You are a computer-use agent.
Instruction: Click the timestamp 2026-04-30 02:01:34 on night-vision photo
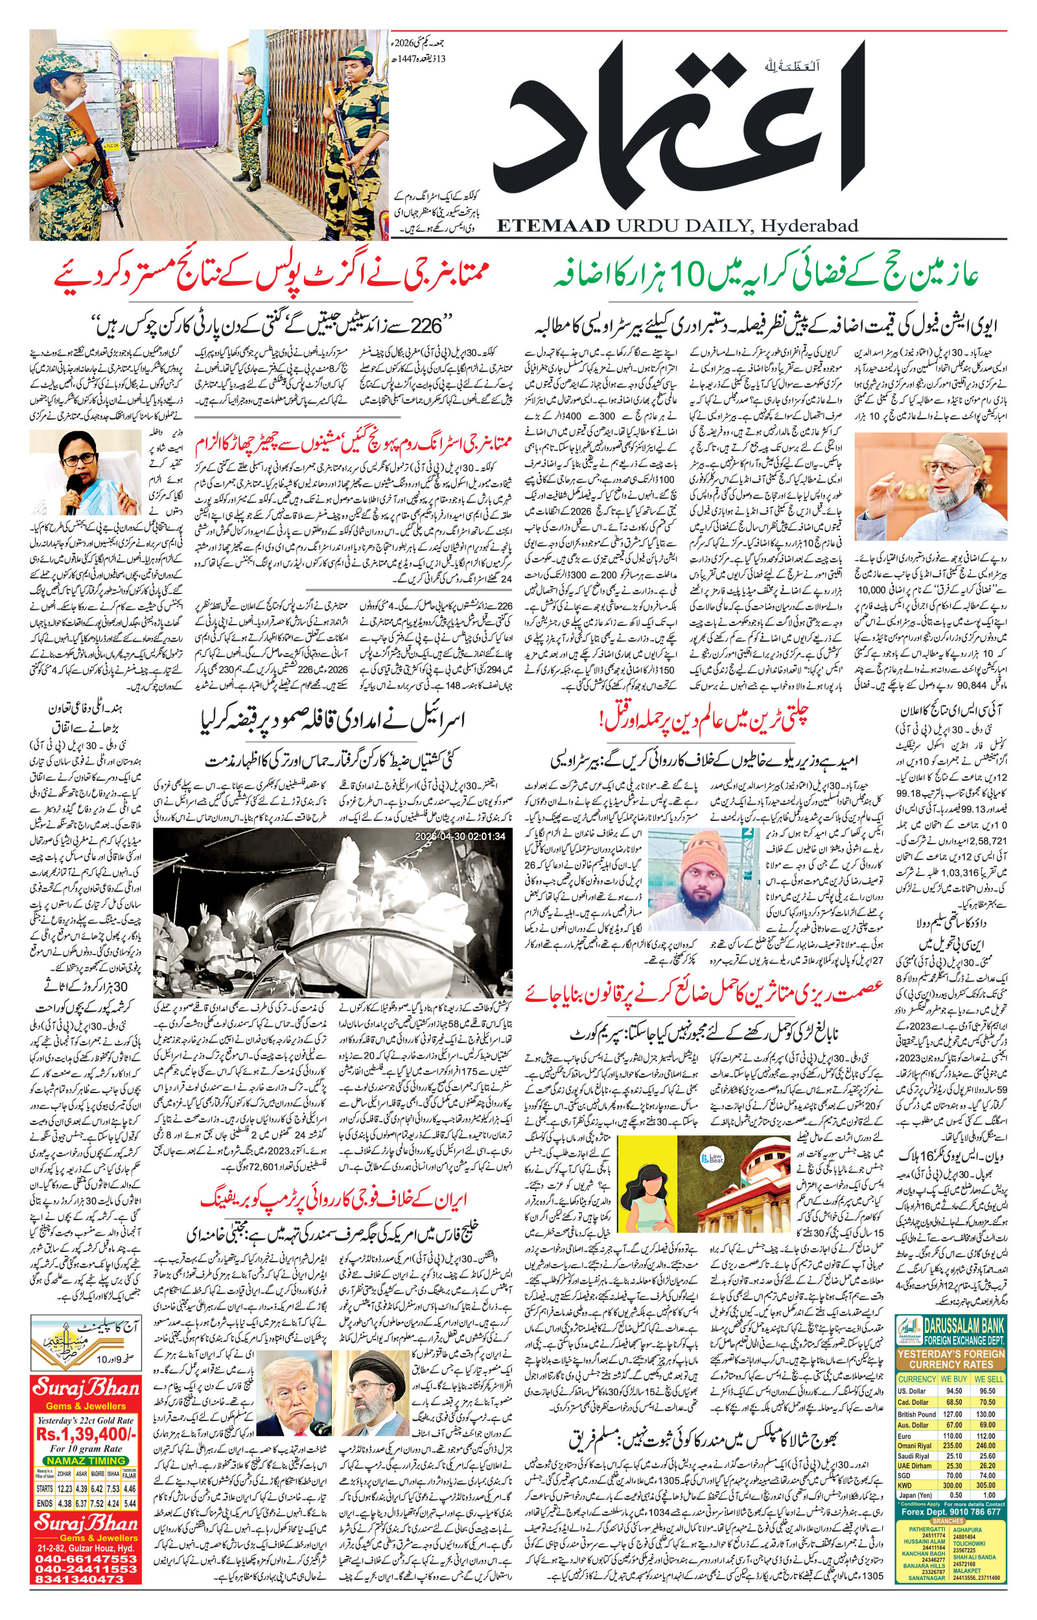pyautogui.click(x=460, y=835)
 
